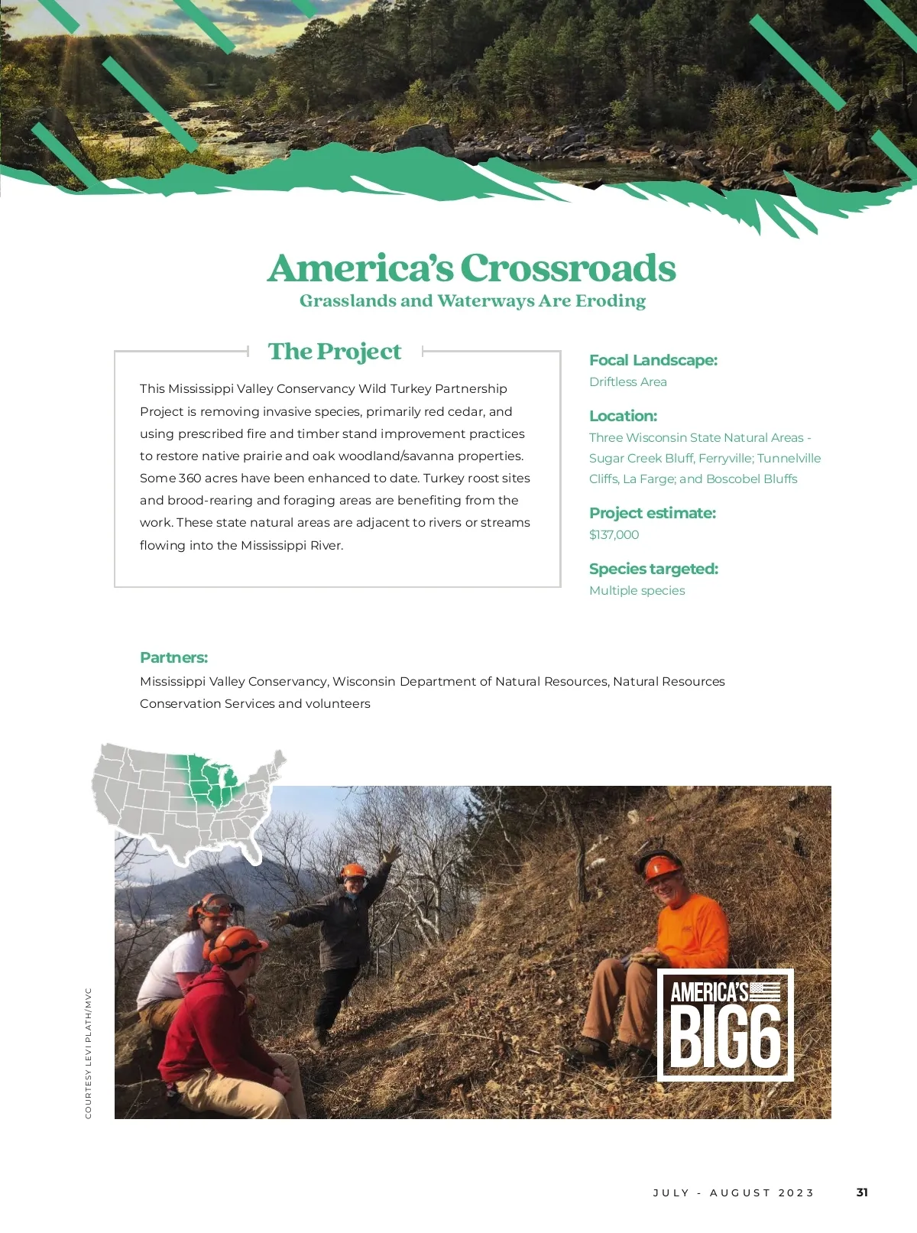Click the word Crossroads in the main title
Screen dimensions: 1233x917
pyautogui.click(x=568, y=268)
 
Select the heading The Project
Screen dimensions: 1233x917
pyautogui.click(x=335, y=352)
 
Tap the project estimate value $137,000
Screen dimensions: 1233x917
pyautogui.click(x=614, y=535)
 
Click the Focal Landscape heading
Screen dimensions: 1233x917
pyautogui.click(x=653, y=360)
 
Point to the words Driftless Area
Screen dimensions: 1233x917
pyautogui.click(x=627, y=382)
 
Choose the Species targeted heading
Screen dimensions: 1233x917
pyautogui.click(x=653, y=569)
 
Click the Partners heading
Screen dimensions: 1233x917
pyautogui.click(x=173, y=657)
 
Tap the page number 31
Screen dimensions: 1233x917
pyautogui.click(x=862, y=1192)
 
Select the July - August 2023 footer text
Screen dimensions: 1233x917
pyautogui.click(x=734, y=1192)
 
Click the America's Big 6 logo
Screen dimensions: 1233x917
pyautogui.click(x=725, y=1025)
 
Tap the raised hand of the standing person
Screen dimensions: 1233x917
pyautogui.click(x=392, y=852)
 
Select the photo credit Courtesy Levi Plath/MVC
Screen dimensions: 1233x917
pyautogui.click(x=89, y=1053)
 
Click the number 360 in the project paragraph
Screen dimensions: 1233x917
pyautogui.click(x=190, y=479)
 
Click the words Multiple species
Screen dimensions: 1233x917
pyautogui.click(x=637, y=591)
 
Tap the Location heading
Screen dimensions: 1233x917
pyautogui.click(x=623, y=416)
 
